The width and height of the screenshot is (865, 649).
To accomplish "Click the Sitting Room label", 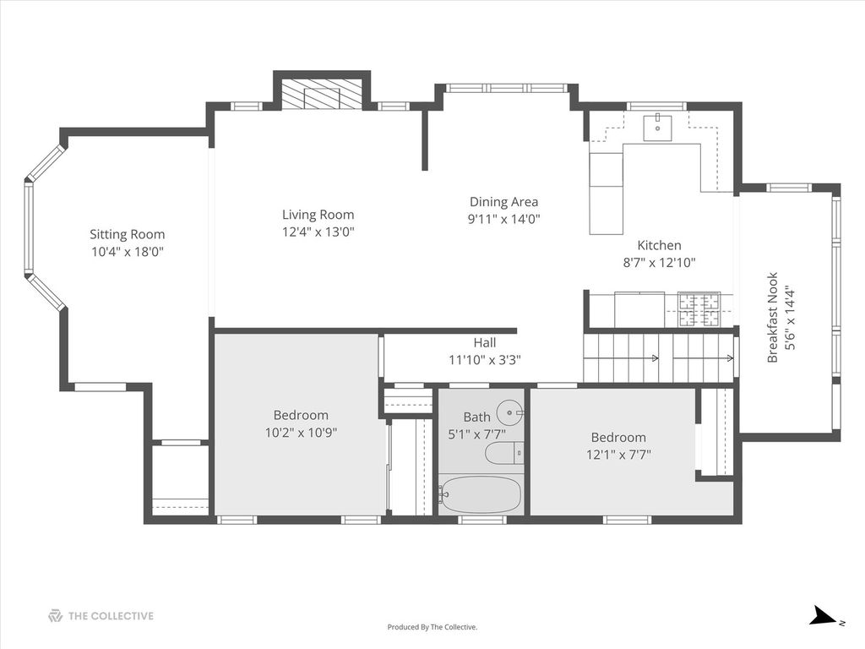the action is coord(128,235).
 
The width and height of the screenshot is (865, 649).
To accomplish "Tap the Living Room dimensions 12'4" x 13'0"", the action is coord(318,232).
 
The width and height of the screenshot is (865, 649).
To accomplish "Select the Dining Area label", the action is coord(503,202).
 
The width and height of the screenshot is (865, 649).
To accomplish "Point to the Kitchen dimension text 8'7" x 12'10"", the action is coord(659,263).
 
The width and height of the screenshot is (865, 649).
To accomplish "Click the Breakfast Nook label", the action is coord(772,318).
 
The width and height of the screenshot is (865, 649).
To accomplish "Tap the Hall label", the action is coord(484,343).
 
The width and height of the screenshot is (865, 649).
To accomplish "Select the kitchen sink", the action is coord(657,128).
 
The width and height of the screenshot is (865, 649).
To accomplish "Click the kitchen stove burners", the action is coord(699,309).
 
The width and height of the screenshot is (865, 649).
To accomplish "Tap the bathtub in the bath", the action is coord(480,494).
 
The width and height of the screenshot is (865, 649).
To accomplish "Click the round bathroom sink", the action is coord(509,412).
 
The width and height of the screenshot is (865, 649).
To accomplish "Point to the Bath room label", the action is coord(476,417).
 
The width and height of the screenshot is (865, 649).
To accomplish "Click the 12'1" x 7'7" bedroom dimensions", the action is coord(618,455).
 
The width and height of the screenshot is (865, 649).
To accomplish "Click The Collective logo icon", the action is coord(55,616).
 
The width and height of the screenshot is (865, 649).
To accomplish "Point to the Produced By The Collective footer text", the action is coord(432,627).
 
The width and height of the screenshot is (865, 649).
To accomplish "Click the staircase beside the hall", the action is coord(659,358).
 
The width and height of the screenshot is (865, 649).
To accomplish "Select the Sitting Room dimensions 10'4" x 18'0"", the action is coord(128,252).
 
